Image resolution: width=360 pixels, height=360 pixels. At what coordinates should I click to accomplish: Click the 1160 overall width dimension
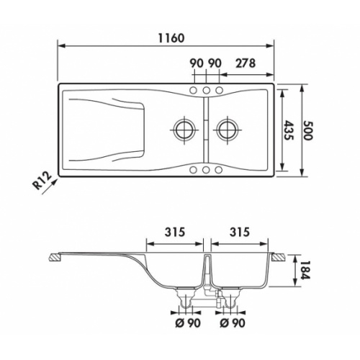coord(171,38)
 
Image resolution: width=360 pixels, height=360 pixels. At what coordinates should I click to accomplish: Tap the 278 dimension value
coord(246,63)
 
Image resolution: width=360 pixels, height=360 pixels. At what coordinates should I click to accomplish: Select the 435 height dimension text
coord(288,130)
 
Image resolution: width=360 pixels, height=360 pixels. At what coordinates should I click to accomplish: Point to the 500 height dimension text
coord(307,130)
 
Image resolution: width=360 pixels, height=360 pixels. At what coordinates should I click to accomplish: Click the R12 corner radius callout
coord(42,181)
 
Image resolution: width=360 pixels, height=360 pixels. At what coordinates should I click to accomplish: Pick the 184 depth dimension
coord(305,271)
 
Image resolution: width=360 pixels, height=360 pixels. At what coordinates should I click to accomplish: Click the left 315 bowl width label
coord(175,232)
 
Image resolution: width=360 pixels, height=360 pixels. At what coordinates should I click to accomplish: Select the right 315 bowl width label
coord(240,232)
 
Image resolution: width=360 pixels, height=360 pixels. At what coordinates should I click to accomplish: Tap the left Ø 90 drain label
coord(188,323)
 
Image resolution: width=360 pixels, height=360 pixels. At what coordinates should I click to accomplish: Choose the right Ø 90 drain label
coord(233,323)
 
